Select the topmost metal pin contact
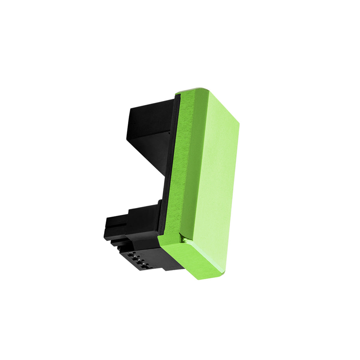tap(131, 254)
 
